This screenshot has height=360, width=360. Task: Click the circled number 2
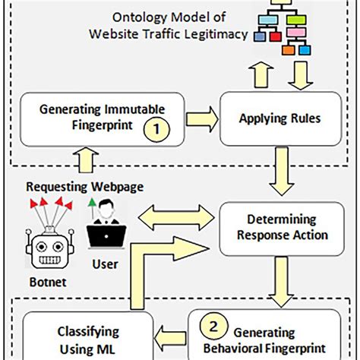(214, 327)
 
